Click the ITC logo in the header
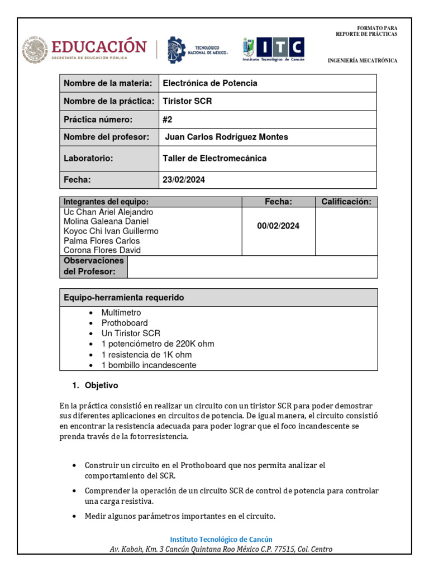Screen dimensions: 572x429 (274, 49)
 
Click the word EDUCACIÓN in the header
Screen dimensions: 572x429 (99, 46)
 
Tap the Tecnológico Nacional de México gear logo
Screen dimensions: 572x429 (177, 49)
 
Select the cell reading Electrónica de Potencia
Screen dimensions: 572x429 (210, 83)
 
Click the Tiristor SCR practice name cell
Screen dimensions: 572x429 (187, 101)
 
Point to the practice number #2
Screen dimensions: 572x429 (168, 120)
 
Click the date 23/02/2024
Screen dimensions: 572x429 (184, 180)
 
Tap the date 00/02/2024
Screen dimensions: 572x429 (278, 226)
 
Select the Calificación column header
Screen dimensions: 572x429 (346, 202)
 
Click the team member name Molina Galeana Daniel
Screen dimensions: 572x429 (106, 222)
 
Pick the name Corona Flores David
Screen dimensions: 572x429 (102, 250)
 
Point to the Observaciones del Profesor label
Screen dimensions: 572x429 (93, 266)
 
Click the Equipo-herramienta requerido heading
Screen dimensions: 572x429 (123, 298)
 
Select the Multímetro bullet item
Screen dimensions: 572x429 (121, 313)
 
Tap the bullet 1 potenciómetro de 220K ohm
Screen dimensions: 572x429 (158, 344)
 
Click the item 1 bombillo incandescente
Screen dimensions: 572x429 (149, 365)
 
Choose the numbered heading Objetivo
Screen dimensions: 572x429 (101, 385)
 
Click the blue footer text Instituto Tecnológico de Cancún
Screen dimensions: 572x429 (221, 539)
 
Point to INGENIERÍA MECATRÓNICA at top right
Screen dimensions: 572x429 (362, 60)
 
